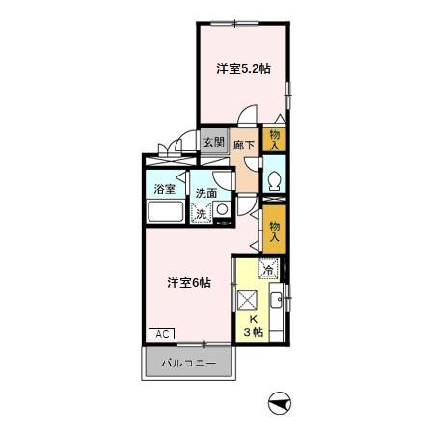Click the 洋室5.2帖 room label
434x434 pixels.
[243, 68]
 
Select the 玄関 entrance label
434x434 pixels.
[214, 142]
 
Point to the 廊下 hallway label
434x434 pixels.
[246, 147]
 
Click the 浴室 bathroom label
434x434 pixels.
[165, 189]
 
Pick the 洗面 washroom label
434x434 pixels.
[207, 193]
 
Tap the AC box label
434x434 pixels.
[161, 334]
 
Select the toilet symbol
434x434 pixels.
[275, 178]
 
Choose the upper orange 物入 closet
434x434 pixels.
[275, 140]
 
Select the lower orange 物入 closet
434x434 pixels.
[274, 228]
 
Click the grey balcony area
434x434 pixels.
[190, 366]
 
